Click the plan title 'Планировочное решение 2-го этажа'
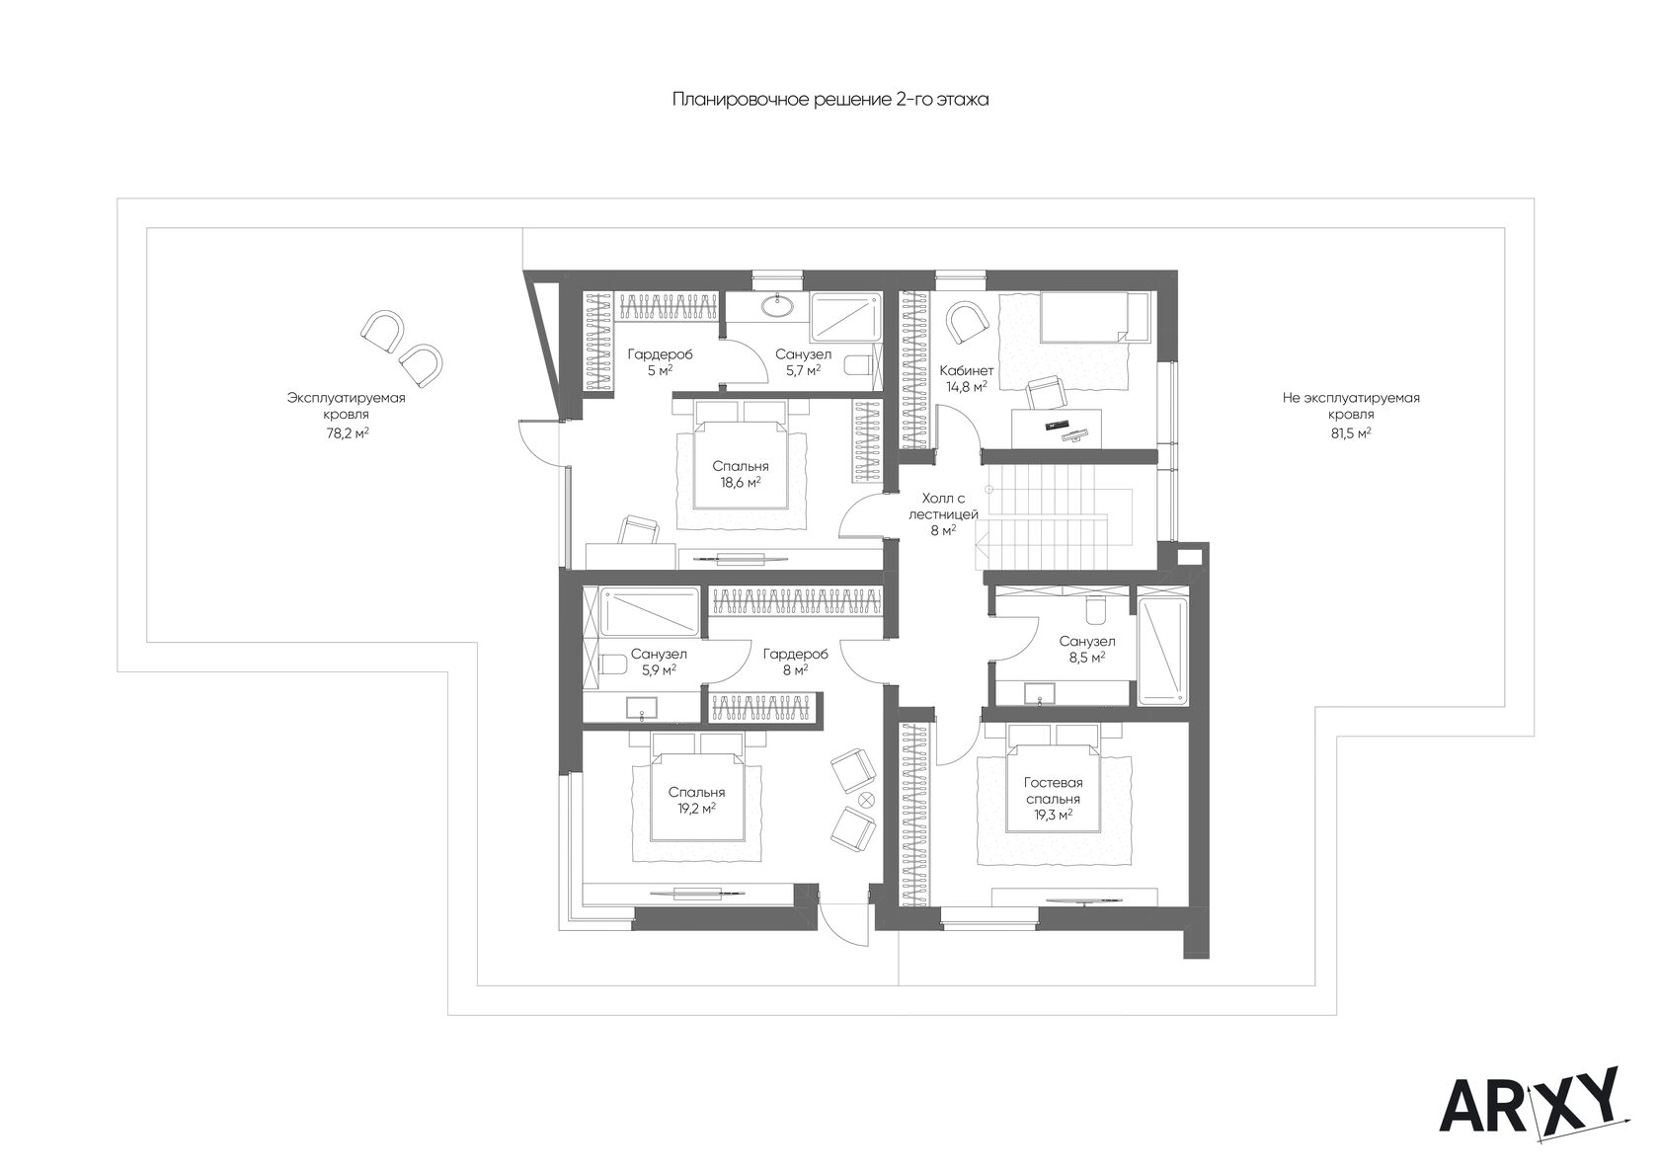click(830, 100)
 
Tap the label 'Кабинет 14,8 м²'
click(967, 377)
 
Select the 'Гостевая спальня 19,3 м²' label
click(1053, 800)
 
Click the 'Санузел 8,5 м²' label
click(1086, 649)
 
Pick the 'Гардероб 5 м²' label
click(660, 362)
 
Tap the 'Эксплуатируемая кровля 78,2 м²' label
click(347, 416)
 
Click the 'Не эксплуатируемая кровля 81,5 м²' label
click(1351, 416)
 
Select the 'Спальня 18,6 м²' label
click(741, 474)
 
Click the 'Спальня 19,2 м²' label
click(696, 801)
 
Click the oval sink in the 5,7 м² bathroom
click(777, 305)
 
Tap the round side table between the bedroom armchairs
click(866, 799)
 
